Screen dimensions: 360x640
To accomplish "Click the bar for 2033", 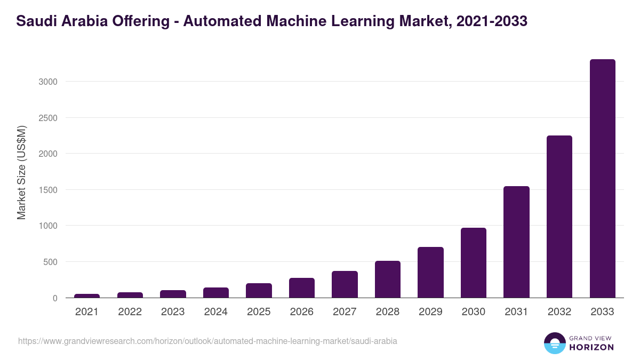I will click(602, 179).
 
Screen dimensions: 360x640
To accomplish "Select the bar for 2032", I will click(559, 217).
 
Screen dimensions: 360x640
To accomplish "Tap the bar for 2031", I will click(516, 242).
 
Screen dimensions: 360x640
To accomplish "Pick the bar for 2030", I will click(474, 262).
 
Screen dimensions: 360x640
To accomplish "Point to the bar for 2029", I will click(430, 272).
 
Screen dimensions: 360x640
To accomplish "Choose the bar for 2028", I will click(388, 279).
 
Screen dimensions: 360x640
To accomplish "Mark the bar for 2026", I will click(302, 287).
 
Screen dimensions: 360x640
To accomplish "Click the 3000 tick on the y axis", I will click(47, 82).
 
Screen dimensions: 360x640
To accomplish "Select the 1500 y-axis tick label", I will click(47, 190).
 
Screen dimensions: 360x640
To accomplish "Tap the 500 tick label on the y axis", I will click(50, 262).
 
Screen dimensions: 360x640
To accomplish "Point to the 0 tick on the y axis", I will click(54, 298).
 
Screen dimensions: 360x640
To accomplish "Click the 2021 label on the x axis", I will click(87, 312).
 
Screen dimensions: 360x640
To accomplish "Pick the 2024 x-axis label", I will click(215, 312).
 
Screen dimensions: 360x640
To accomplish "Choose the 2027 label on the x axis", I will click(345, 312).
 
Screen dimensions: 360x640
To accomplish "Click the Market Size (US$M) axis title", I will click(21, 172).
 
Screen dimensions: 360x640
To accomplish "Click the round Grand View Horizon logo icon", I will click(554, 343).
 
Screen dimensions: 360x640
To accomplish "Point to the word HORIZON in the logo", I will click(591, 347).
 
